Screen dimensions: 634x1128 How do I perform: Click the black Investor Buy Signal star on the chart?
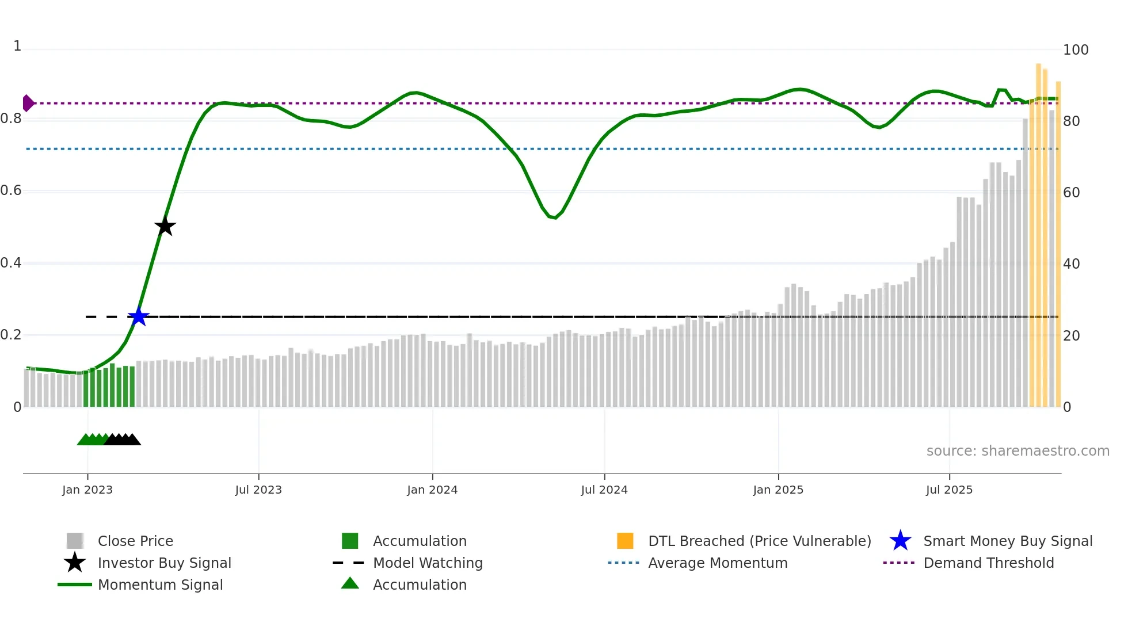click(x=165, y=226)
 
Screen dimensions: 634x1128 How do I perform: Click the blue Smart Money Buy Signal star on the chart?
click(x=138, y=316)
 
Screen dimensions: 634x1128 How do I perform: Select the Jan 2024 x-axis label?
click(x=432, y=490)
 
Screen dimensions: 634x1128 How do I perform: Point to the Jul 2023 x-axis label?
click(x=258, y=490)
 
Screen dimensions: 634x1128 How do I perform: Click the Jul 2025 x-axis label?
click(x=948, y=490)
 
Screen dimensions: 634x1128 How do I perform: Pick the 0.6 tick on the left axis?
click(x=11, y=190)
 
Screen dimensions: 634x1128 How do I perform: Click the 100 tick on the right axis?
click(x=1075, y=50)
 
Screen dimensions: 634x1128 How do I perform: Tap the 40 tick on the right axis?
click(x=1071, y=264)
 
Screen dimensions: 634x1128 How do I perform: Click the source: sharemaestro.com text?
click(x=1018, y=450)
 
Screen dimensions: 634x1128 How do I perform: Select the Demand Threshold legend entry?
click(x=988, y=563)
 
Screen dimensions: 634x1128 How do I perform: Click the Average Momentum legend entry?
click(x=717, y=563)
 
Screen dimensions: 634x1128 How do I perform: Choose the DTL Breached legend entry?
click(x=759, y=541)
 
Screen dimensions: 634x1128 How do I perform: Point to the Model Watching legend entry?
click(x=427, y=563)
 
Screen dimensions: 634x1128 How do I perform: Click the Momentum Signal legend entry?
click(x=160, y=585)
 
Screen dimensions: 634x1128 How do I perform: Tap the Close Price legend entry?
click(x=135, y=541)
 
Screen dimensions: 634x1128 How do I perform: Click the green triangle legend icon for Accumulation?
click(x=350, y=583)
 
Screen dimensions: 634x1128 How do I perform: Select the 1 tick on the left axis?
click(x=17, y=46)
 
